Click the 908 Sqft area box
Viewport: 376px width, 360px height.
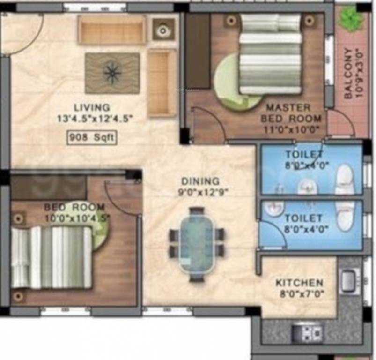pos(92,137)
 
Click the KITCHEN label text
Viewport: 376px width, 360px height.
pos(299,283)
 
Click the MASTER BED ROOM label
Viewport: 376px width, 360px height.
pos(291,113)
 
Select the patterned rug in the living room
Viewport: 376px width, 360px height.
pos(112,73)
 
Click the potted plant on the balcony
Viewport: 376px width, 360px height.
pos(351,19)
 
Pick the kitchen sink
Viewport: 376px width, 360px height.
pos(349,281)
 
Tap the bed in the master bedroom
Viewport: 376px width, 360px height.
pos(270,54)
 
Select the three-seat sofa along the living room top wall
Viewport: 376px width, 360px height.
pos(112,30)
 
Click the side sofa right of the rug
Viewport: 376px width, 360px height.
pos(162,82)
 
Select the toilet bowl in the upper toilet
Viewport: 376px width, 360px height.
pos(344,179)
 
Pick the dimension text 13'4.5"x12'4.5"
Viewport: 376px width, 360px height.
pos(95,120)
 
